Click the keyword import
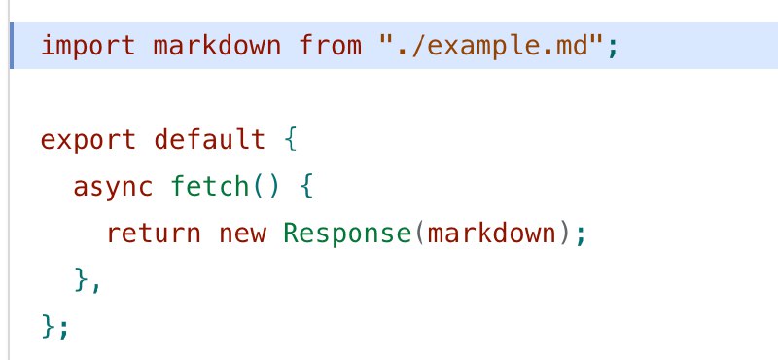tap(88, 46)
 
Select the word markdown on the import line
tap(217, 45)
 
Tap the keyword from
tap(330, 45)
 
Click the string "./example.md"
tap(490, 45)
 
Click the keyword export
tap(88, 141)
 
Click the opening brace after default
tap(291, 139)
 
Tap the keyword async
tap(113, 188)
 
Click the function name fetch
tap(210, 186)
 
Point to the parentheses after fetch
tap(266, 187)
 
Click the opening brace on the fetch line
tap(306, 187)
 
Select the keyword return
tap(154, 234)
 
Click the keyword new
tap(242, 234)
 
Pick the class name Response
tap(347, 234)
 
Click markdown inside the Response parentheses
tap(491, 233)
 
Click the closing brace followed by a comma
tap(81, 280)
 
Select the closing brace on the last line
tap(49, 327)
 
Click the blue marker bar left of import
tap(11, 46)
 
